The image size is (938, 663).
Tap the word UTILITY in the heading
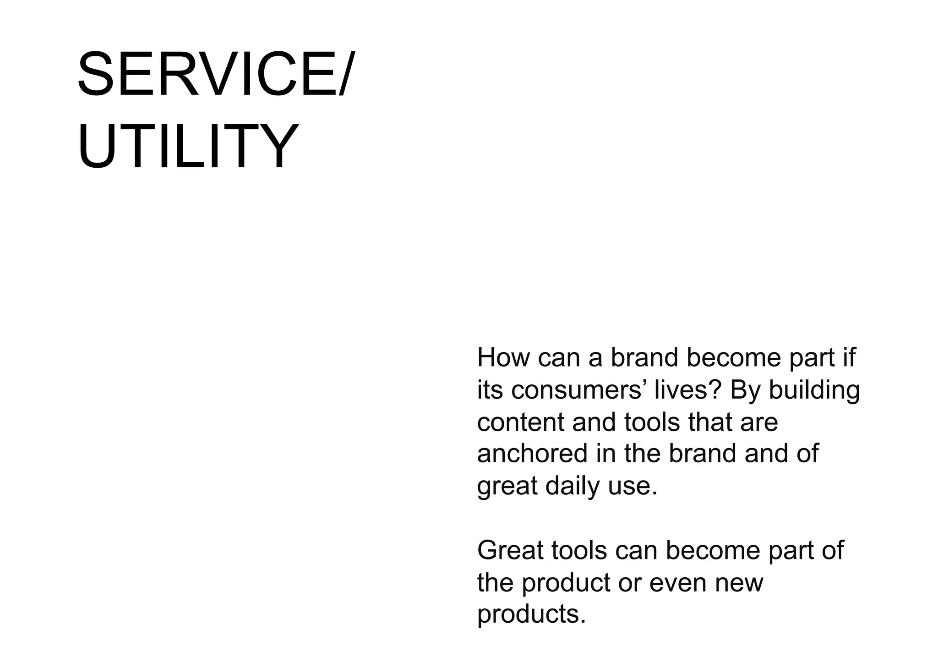pyautogui.click(x=188, y=146)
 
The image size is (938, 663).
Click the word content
pyautogui.click(x=520, y=422)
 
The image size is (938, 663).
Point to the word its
pyautogui.click(x=490, y=390)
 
